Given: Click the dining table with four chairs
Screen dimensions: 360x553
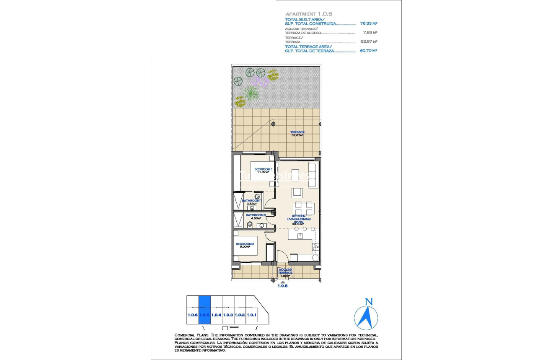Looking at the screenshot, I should click(x=304, y=207).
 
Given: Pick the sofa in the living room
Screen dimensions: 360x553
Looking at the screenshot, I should click(x=312, y=175).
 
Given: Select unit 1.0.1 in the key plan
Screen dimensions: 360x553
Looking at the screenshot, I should click(x=252, y=315).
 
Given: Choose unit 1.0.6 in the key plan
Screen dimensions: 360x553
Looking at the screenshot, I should click(x=192, y=315).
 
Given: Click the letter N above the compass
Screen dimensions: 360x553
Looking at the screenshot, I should click(x=369, y=301).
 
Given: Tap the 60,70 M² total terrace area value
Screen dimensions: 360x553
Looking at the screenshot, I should click(x=369, y=50).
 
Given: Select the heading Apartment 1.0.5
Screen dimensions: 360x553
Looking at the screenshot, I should click(x=308, y=14).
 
